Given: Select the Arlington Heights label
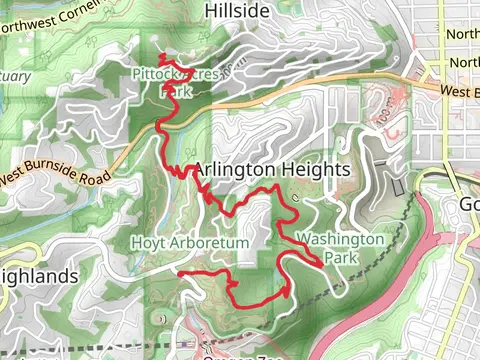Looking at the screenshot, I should [272, 170].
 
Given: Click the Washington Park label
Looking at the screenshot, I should [340, 247].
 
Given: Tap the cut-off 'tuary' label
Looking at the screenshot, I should [14, 76].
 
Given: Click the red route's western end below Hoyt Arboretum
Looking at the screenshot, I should [180, 272].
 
